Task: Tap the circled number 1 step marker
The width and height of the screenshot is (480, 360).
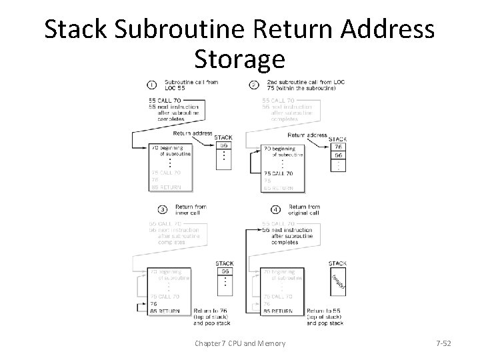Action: [151, 84]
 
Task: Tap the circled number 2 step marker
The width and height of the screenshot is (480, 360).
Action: [254, 85]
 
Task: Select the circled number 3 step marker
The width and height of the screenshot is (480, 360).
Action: [151, 209]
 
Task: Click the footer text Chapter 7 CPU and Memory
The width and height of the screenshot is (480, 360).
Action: [239, 343]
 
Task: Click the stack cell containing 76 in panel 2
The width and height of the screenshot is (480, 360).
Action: [339, 147]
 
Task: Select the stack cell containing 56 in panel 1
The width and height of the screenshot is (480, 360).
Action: [225, 145]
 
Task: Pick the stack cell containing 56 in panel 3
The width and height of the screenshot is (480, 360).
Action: [225, 271]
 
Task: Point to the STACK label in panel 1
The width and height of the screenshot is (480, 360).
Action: [223, 137]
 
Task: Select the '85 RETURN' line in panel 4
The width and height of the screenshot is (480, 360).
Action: [278, 311]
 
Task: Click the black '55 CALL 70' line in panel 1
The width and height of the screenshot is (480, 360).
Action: [166, 101]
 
